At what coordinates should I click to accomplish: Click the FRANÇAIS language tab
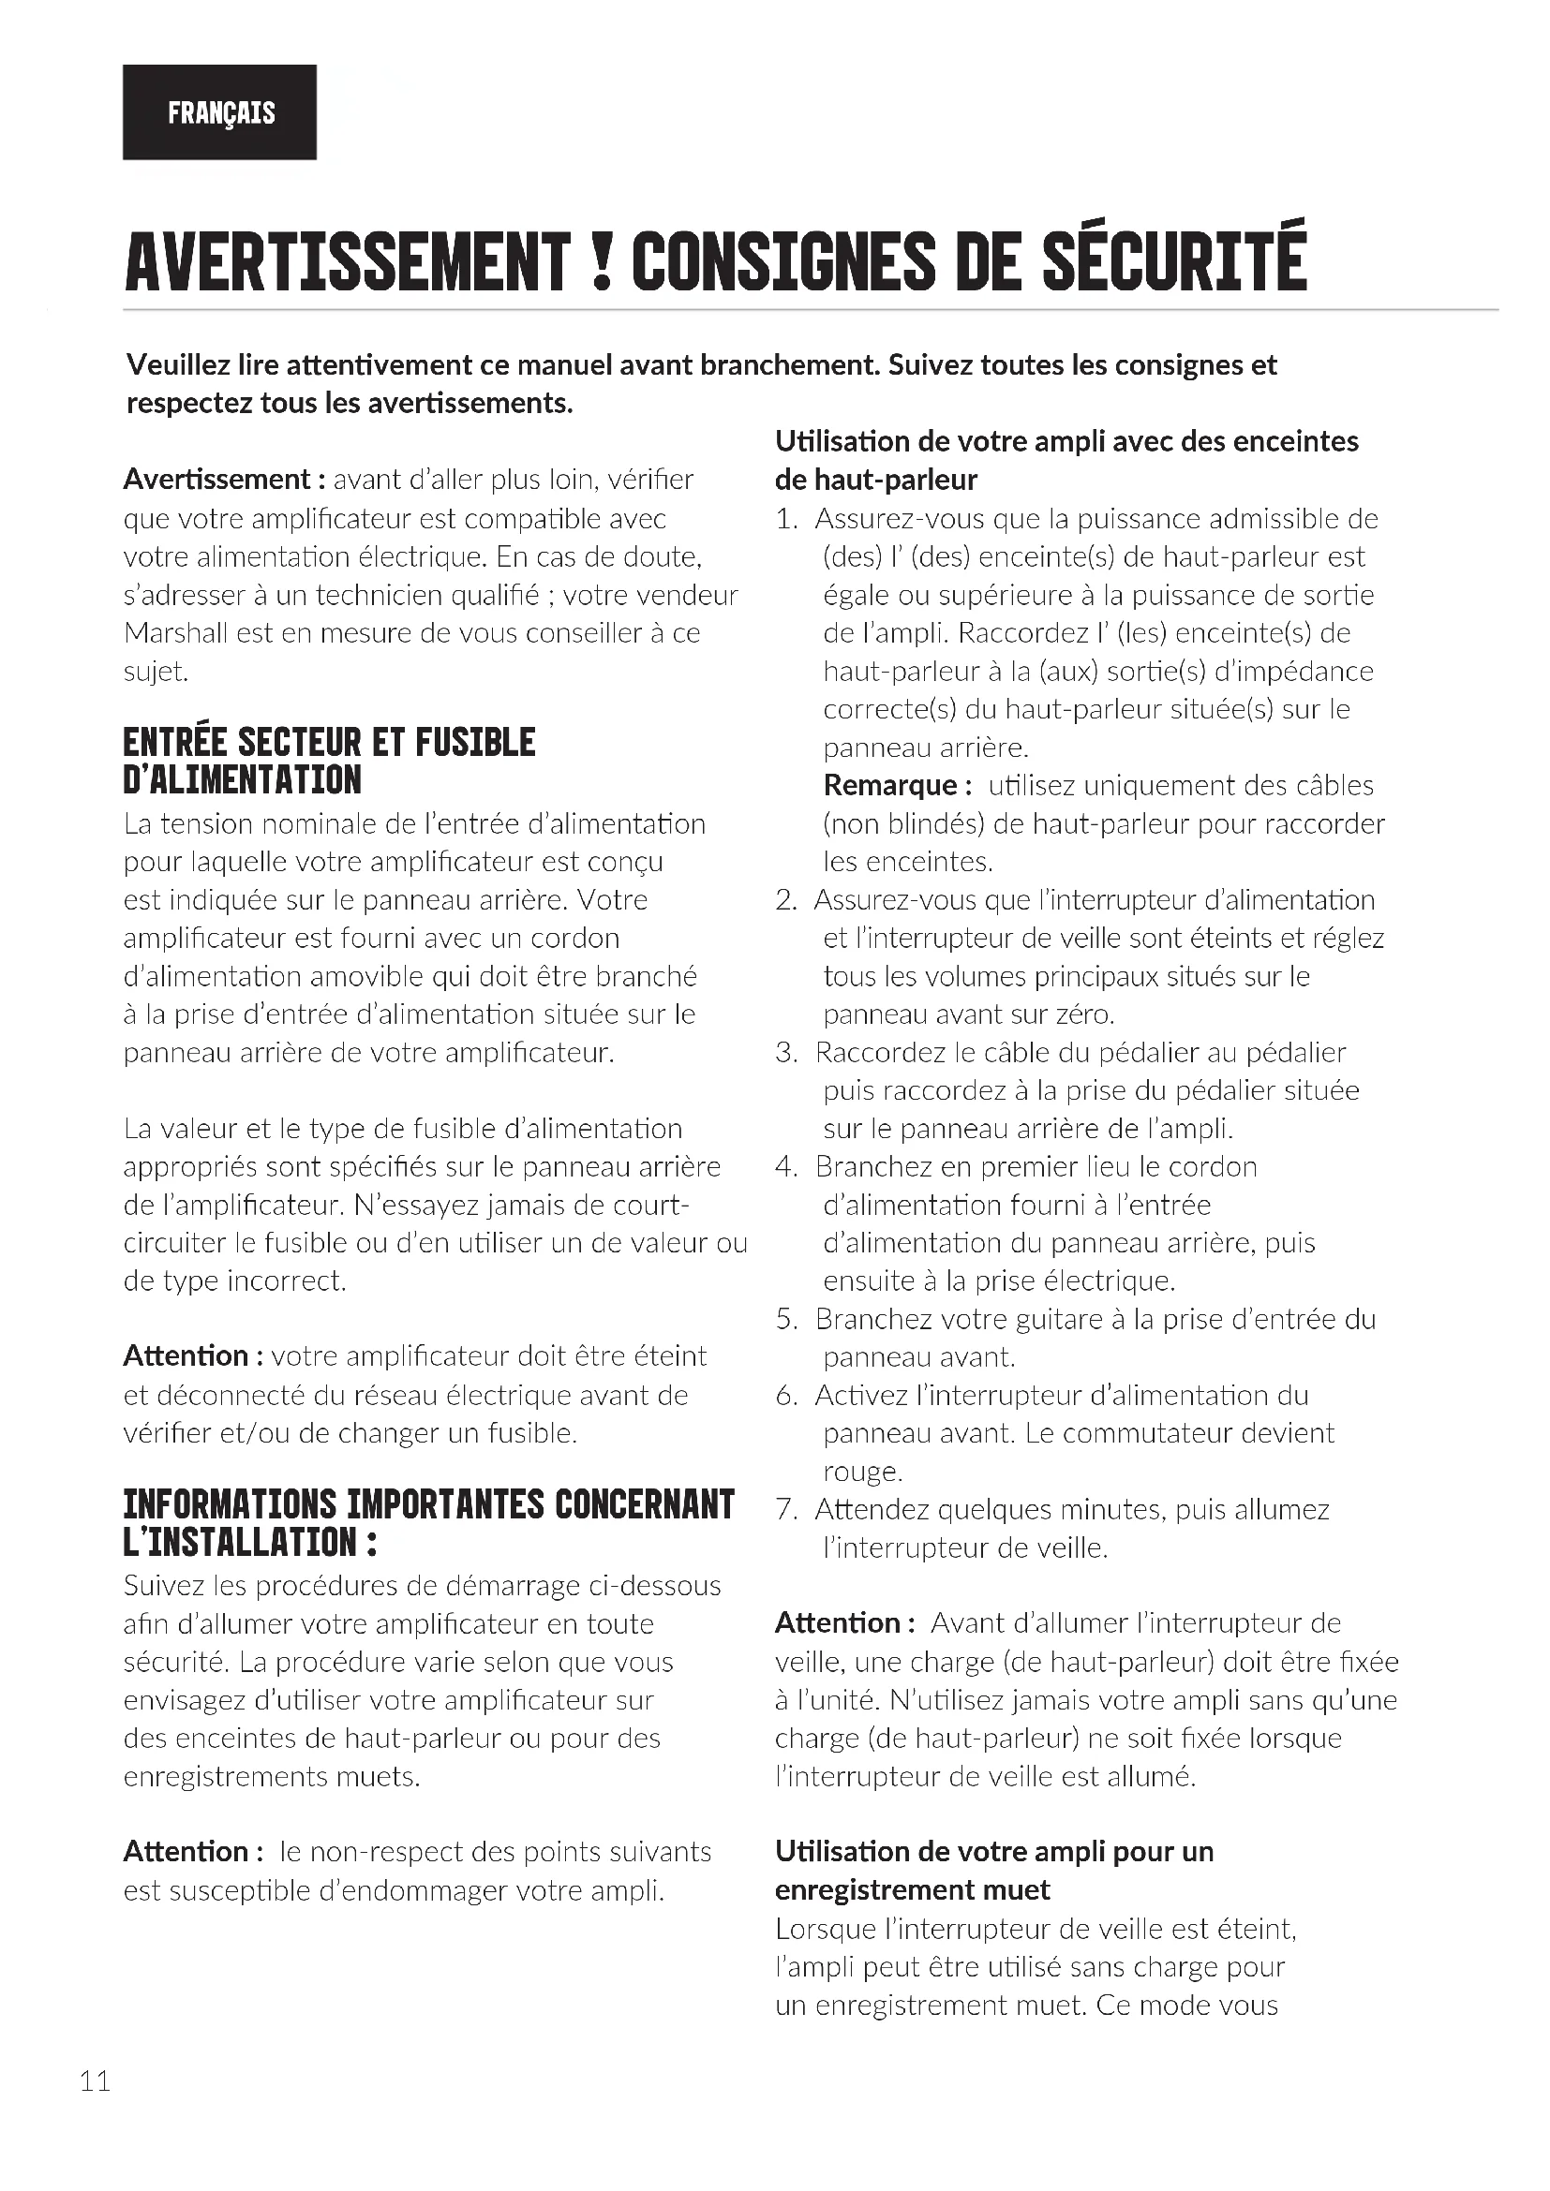pos(220,112)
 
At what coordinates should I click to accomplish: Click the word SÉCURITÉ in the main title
pos(1173,259)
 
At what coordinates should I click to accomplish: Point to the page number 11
pos(96,2081)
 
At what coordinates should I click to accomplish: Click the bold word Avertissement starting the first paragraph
pos(216,479)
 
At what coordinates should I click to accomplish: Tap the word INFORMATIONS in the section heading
pos(229,1505)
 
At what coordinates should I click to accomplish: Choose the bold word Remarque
pos(897,785)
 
